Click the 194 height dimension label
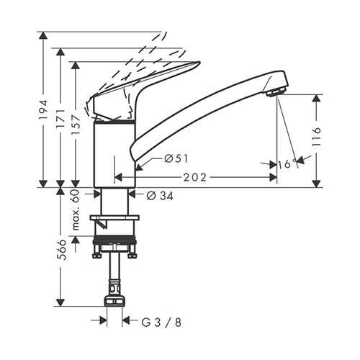[44, 110]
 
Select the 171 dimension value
[60, 119]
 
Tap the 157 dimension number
[76, 125]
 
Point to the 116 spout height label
[317, 137]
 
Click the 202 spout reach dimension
[195, 178]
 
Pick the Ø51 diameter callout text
[176, 158]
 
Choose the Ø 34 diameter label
[160, 196]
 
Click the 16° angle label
[287, 164]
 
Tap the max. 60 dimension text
[76, 210]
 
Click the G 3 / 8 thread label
[161, 323]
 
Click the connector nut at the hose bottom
[114, 301]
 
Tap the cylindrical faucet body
[114, 155]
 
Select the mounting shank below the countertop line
[114, 202]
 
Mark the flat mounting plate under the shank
[114, 217]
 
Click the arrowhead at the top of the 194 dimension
[43, 35]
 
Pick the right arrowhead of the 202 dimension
[273, 178]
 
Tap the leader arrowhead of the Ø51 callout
[139, 167]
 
